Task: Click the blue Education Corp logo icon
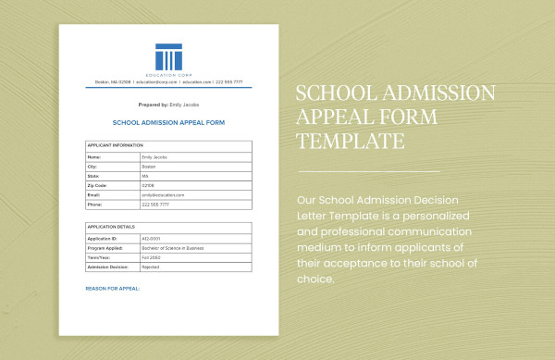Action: pyautogui.click(x=168, y=56)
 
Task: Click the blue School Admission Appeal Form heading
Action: pyautogui.click(x=168, y=122)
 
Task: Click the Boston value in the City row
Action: pyautogui.click(x=150, y=168)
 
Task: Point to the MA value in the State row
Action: pyautogui.click(x=146, y=177)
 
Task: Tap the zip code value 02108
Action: pyautogui.click(x=149, y=186)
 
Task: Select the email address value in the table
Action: pyautogui.click(x=163, y=195)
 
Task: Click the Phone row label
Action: pyautogui.click(x=94, y=205)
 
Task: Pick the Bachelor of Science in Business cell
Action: pyautogui.click(x=174, y=247)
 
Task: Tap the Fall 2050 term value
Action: pyautogui.click(x=151, y=256)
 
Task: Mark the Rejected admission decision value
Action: pyautogui.click(x=151, y=266)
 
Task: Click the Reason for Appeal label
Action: pyautogui.click(x=113, y=289)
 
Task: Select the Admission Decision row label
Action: pyautogui.click(x=106, y=266)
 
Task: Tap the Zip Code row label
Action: pyautogui.click(x=97, y=186)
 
